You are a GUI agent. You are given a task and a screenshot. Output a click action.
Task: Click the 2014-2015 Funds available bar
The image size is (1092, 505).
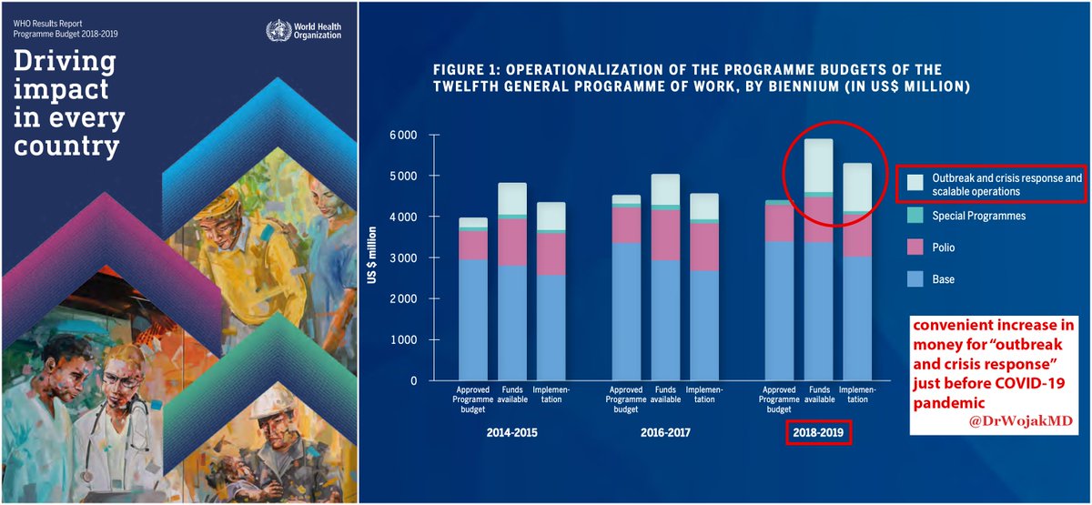tap(511, 282)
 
